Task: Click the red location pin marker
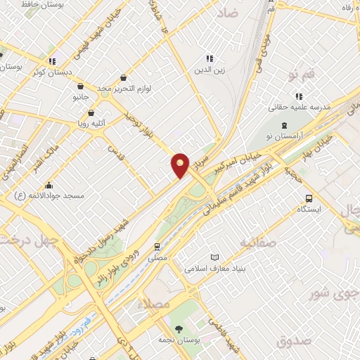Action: (181, 165)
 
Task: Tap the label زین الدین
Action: (210, 70)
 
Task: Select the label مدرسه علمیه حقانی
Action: (300, 108)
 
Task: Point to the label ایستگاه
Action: (309, 210)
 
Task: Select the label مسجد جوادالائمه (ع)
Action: (49, 195)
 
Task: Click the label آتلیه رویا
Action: (91, 124)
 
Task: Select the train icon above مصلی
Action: (157, 247)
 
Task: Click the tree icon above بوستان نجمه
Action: (179, 328)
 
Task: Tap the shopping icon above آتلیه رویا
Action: (91, 112)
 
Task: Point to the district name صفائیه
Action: (258, 243)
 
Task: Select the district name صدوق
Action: (292, 342)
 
